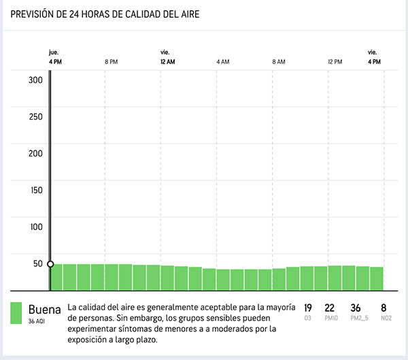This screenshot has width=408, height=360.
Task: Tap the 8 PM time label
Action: coord(112,62)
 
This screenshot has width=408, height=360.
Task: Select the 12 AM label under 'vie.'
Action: coord(167,62)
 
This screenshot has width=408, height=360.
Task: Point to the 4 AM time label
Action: coord(223,62)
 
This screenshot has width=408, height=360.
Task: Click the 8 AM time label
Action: coord(279,62)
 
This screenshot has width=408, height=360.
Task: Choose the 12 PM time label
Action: coord(335,62)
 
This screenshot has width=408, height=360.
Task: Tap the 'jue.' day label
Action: coord(54,52)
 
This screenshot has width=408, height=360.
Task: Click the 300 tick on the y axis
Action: coord(35,80)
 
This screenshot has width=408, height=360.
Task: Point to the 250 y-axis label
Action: coord(35,116)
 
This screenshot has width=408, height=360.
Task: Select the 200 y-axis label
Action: coord(35,153)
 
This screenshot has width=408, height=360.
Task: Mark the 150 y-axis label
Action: coord(35,190)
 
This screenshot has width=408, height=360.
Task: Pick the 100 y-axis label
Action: coord(35,227)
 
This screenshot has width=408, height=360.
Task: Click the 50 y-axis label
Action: coord(37,264)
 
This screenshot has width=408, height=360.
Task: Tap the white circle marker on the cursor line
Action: coord(50,264)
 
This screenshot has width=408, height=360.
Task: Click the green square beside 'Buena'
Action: coord(17,313)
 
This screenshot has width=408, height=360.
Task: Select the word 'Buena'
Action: coord(45,309)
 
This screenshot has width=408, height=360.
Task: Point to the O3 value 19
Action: coord(308,308)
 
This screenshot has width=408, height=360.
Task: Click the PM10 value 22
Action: coord(330,308)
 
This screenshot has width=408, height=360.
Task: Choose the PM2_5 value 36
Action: coord(356,308)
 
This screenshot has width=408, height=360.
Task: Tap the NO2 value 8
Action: coord(384,308)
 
